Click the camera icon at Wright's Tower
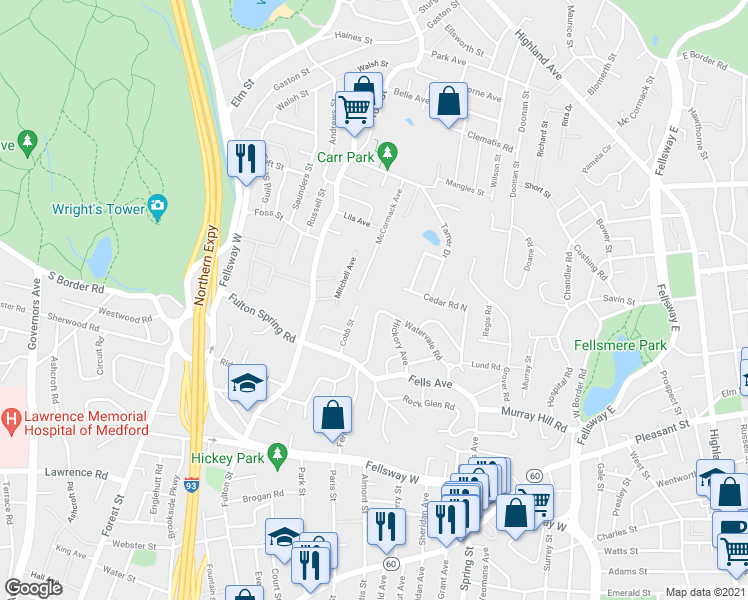point(156,206)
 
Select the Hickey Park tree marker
point(280,453)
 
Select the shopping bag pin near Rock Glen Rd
point(333,414)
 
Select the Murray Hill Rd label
point(534,416)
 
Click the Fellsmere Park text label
point(621,345)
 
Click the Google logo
point(34,588)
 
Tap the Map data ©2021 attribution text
point(705,592)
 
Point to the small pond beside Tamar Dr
point(431,238)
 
